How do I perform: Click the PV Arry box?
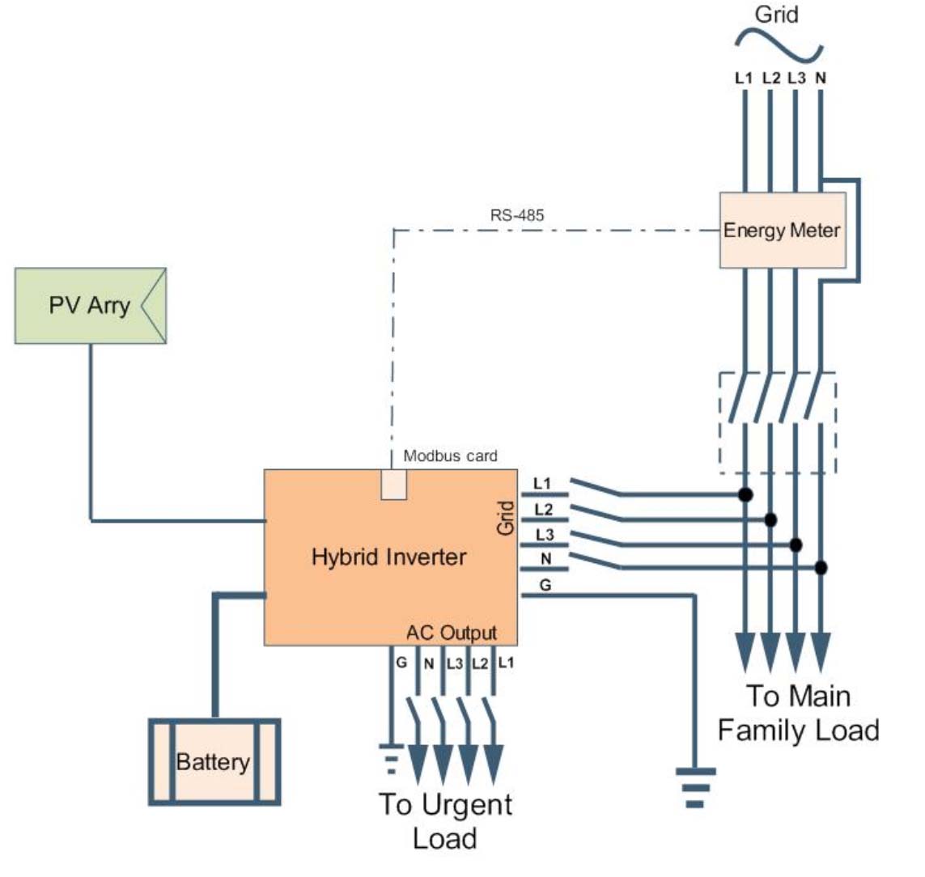point(91,306)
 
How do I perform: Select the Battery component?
point(214,761)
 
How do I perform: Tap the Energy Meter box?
point(783,230)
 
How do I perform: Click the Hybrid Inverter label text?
point(388,557)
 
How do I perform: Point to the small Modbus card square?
point(393,484)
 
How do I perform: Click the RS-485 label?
point(517,215)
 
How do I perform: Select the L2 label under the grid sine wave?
point(770,78)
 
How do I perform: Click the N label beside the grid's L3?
point(821,78)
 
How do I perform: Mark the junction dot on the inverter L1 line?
point(745,494)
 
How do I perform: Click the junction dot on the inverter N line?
point(821,567)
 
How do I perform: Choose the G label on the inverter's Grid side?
point(545,585)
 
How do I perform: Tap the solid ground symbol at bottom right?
point(695,787)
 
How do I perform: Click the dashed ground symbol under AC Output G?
point(391,759)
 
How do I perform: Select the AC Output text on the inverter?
point(452,633)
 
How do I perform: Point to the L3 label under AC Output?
point(454,663)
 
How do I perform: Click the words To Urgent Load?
point(445,821)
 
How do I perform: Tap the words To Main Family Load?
point(799,713)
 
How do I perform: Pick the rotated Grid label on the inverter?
point(506,519)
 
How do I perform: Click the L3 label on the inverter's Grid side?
point(545,534)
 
